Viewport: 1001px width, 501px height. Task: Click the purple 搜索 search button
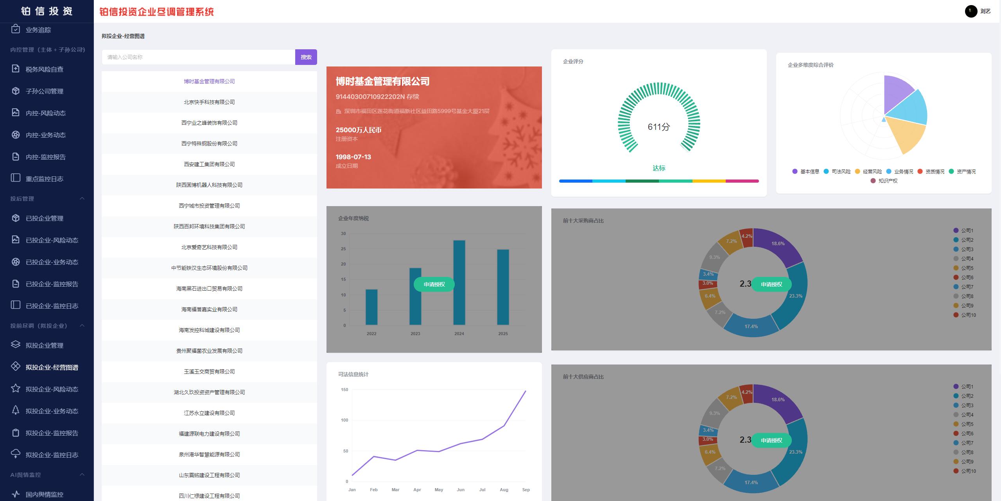point(306,57)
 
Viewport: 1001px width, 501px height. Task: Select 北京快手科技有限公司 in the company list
point(209,102)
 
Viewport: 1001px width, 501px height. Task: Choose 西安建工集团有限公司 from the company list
point(209,164)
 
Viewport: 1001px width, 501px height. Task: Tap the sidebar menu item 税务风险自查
point(44,69)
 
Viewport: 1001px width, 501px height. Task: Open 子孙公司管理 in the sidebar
point(44,91)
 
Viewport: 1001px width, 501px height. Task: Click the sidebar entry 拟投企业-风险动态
point(52,389)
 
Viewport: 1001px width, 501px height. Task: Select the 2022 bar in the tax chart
point(371,307)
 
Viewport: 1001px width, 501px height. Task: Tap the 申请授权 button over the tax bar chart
point(434,284)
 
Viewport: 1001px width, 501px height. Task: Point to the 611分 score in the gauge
point(659,127)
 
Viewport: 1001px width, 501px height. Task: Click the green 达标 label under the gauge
point(659,168)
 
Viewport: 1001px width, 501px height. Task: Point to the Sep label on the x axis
point(526,490)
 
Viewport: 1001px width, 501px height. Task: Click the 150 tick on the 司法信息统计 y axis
point(344,390)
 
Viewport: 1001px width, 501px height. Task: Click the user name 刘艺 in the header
point(985,11)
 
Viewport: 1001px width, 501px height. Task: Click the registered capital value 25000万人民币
point(358,130)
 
